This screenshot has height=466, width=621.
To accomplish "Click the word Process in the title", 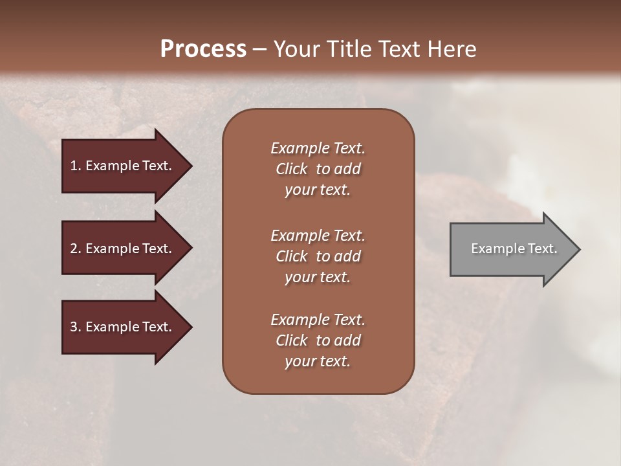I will [203, 49].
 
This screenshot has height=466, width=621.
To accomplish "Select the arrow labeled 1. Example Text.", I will [123, 166].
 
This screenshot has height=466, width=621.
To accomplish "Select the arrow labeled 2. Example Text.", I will [123, 249].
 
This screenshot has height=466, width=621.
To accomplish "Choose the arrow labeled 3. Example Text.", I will [123, 327].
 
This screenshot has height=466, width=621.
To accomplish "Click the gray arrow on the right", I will [511, 249].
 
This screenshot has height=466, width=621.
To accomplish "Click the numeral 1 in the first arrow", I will [74, 166].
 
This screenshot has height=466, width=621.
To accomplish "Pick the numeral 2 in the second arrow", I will [74, 249].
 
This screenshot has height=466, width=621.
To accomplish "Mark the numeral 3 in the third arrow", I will [74, 327].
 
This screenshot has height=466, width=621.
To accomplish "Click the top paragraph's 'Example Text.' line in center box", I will [318, 148].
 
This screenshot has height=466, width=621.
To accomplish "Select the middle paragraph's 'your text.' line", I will [318, 277].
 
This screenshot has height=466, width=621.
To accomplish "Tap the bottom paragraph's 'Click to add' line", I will [318, 340].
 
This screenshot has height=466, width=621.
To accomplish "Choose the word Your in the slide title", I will [295, 49].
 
